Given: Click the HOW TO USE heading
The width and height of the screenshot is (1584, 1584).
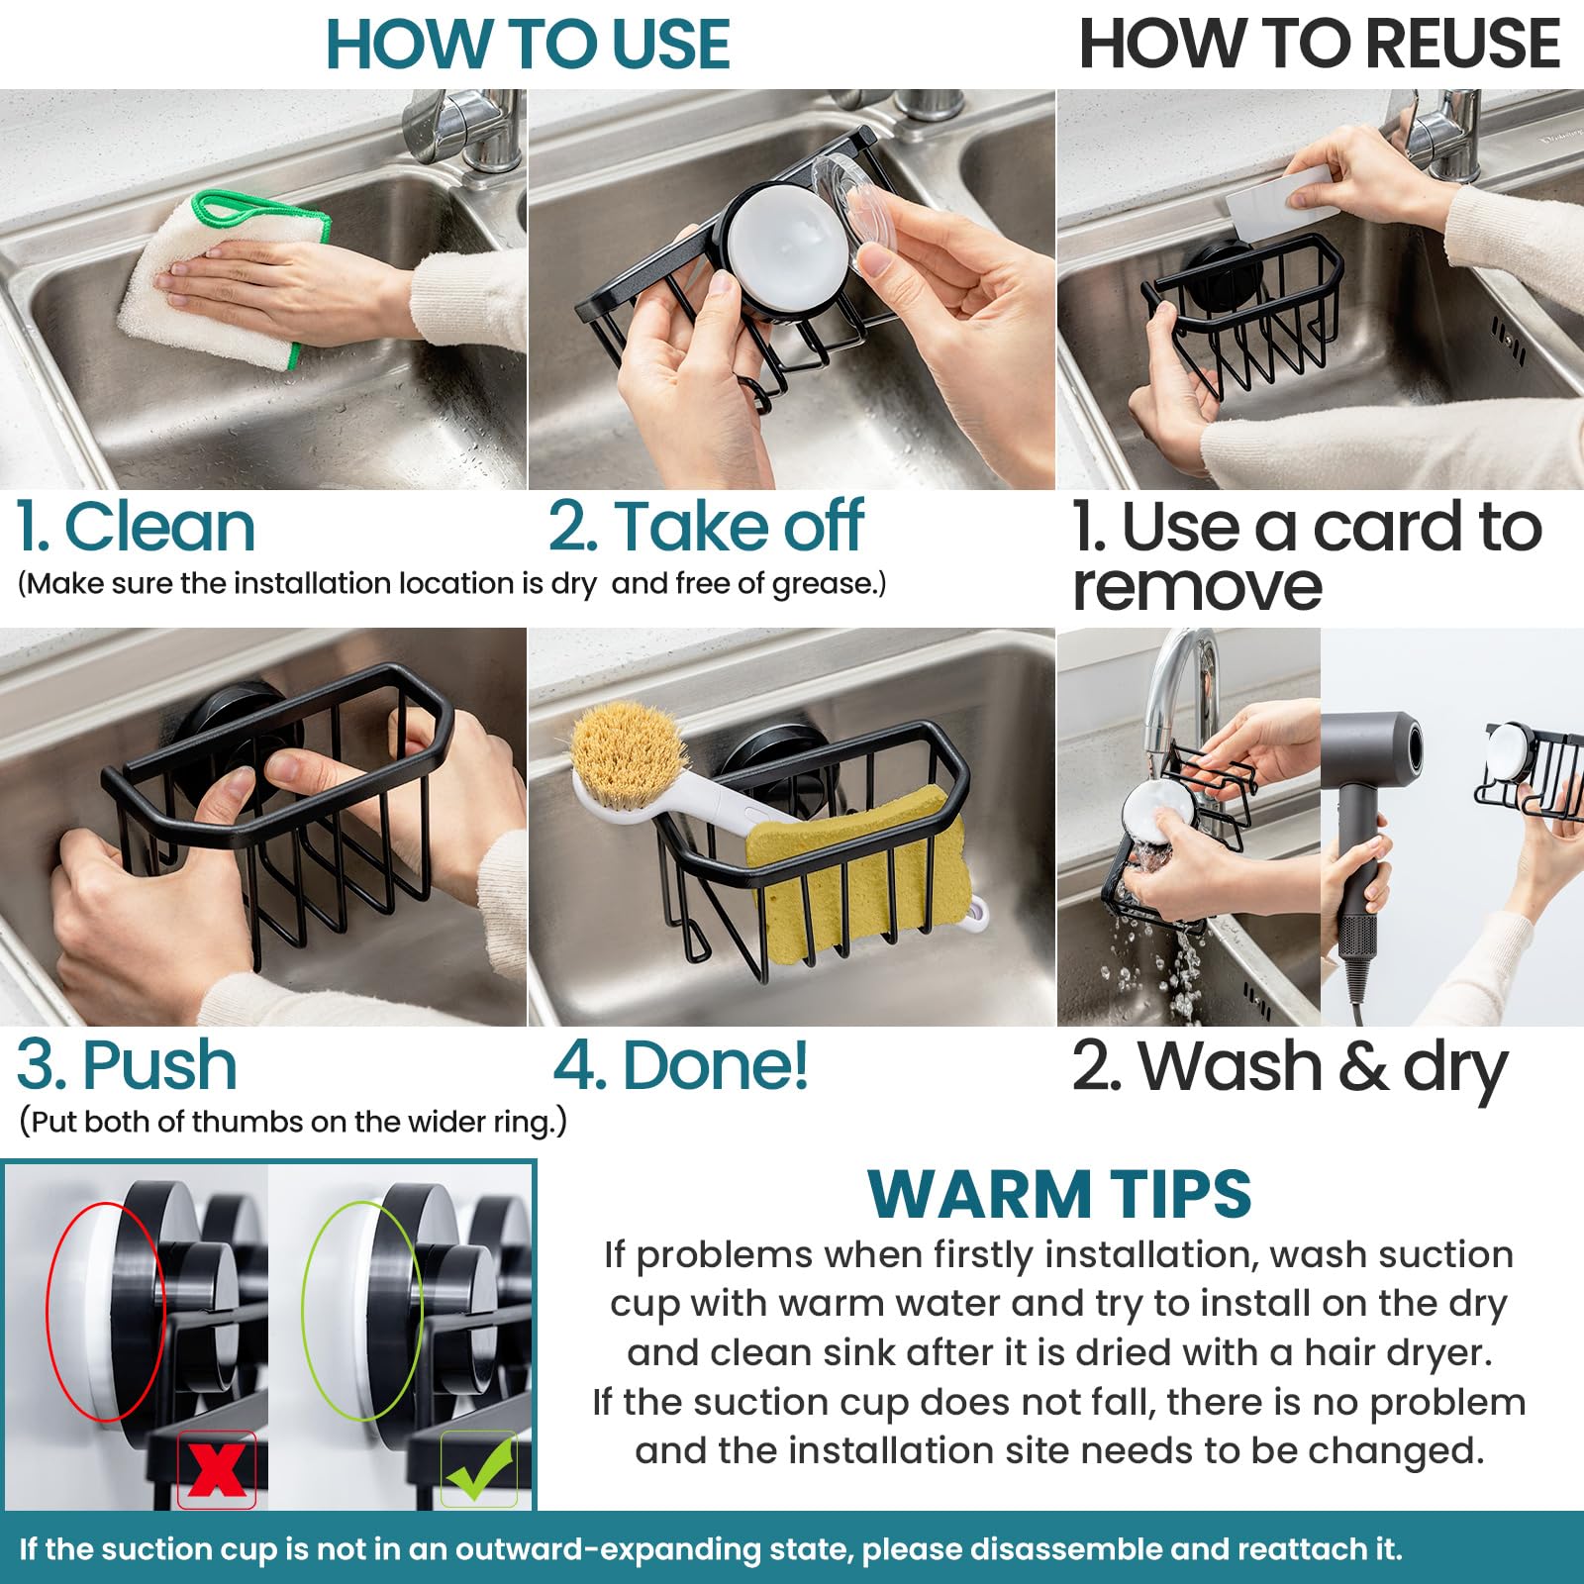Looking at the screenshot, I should [x=528, y=45].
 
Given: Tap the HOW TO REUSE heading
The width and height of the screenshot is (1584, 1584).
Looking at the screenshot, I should [x=1319, y=45].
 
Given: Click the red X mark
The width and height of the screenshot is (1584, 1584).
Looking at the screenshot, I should [x=217, y=1469].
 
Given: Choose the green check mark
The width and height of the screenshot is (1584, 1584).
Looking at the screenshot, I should [x=479, y=1469].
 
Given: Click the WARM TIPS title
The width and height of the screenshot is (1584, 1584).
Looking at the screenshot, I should [x=1059, y=1194].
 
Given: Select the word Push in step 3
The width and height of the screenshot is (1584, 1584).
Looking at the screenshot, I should [x=158, y=1065].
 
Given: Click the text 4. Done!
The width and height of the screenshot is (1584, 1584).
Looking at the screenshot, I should [x=681, y=1065].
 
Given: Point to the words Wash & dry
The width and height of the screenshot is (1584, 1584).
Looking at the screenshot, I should [x=1322, y=1067].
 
